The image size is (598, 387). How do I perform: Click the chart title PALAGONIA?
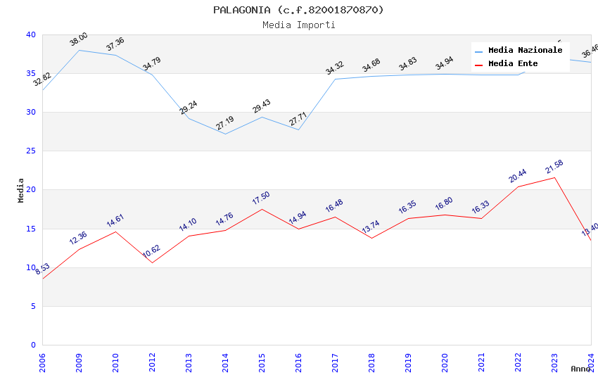click(298, 10)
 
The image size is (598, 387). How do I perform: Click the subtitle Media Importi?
click(298, 25)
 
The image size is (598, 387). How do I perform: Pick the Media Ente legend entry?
click(513, 64)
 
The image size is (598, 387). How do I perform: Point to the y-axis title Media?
click(21, 190)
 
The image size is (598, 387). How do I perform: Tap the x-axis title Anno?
click(580, 369)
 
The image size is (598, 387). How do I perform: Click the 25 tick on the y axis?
click(30, 151)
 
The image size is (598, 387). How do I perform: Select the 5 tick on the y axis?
click(33, 306)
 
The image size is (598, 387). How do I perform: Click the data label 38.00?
click(79, 39)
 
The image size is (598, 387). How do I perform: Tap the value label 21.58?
click(554, 167)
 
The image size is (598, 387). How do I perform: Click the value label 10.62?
click(152, 252)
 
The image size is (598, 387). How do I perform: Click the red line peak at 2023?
click(554, 177)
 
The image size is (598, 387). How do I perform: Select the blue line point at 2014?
click(225, 134)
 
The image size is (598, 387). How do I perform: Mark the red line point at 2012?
click(152, 262)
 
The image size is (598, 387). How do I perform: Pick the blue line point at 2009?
click(79, 50)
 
